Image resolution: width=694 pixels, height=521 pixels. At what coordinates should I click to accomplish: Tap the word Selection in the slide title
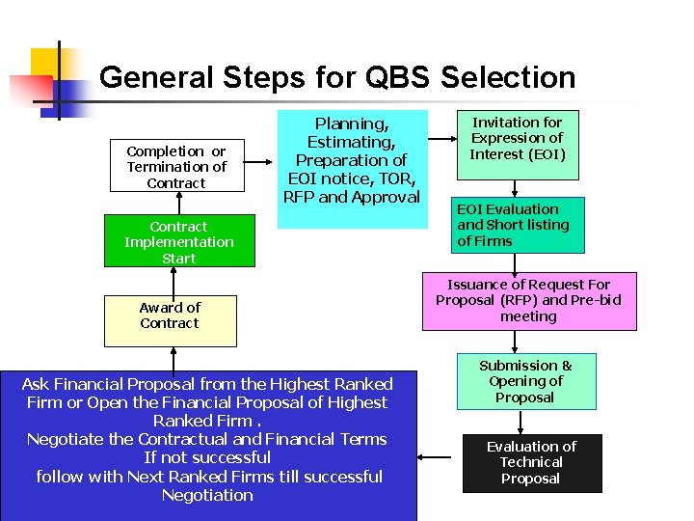510,77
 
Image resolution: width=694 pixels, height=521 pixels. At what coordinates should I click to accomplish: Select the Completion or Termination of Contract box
176,167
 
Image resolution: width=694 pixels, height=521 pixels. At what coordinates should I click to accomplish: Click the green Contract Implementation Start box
179,242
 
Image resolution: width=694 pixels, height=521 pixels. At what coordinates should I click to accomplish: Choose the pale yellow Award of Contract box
170,320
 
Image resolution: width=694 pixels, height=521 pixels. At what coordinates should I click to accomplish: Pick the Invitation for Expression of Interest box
518,144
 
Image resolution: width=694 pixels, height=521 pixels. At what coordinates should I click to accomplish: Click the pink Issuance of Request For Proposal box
528,301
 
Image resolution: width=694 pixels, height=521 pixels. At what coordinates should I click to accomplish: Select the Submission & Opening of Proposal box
526,381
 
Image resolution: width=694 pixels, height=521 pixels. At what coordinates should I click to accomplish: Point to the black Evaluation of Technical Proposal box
530,463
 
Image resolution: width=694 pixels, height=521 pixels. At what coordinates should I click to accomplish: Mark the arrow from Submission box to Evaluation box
521,422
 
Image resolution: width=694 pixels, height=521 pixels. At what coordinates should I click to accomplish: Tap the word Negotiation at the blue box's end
207,495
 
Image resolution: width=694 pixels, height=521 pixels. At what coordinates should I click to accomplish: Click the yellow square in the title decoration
46,65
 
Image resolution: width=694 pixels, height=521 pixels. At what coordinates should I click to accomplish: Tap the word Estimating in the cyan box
351,142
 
